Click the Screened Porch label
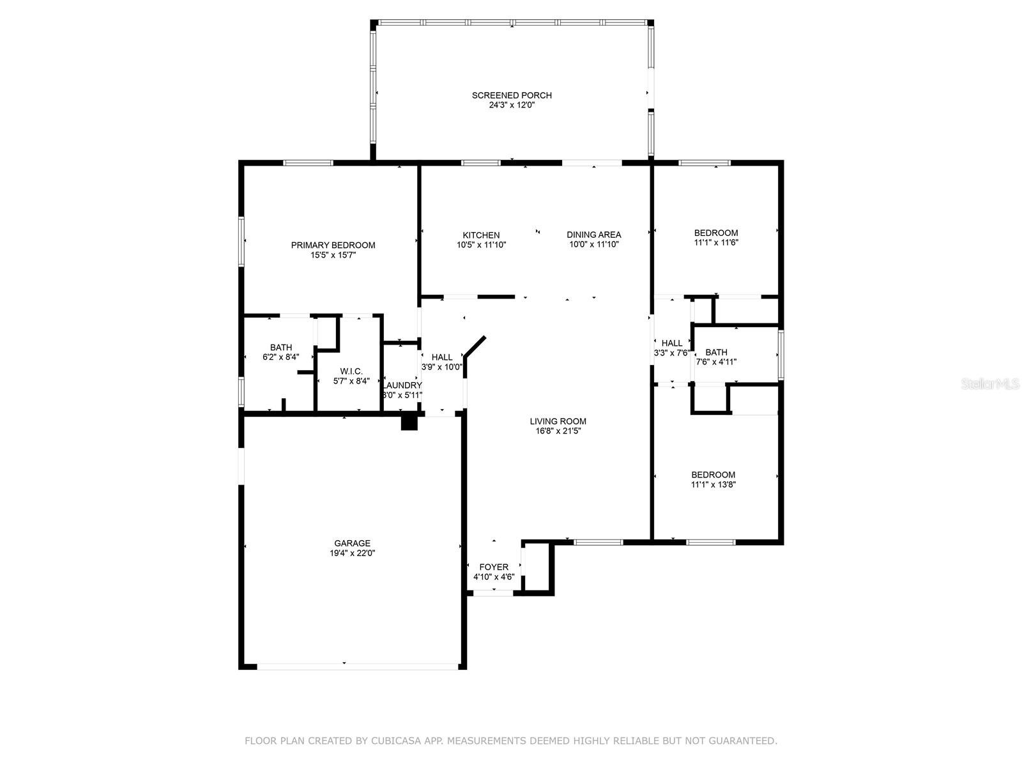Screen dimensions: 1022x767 click(512, 95)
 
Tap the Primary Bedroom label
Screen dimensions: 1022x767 click(333, 245)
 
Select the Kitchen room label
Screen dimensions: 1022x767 click(481, 236)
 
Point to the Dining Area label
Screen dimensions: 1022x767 click(593, 235)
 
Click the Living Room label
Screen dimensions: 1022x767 click(558, 421)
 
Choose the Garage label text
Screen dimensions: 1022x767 click(352, 543)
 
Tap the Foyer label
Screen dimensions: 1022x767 click(494, 567)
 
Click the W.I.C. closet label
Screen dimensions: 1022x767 click(351, 371)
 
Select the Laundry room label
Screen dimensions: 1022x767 click(402, 385)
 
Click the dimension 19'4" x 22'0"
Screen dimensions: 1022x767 click(352, 554)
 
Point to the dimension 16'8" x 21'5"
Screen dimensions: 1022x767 click(558, 431)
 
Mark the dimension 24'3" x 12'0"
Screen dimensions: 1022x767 click(512, 105)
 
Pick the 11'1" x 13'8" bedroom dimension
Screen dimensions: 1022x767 click(713, 484)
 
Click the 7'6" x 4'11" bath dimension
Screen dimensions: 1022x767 click(715, 362)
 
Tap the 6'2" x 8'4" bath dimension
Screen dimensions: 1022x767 click(281, 357)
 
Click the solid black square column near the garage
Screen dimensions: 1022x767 click(409, 422)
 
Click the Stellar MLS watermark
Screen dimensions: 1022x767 click(989, 384)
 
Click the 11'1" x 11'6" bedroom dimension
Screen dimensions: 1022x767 click(715, 243)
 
